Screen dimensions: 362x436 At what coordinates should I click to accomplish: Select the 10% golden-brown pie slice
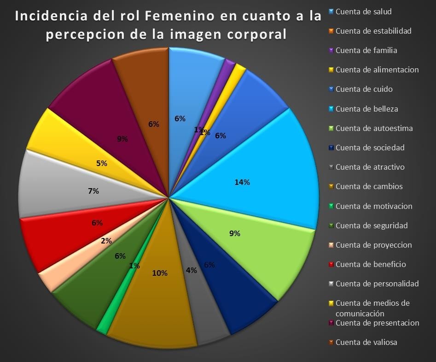157,295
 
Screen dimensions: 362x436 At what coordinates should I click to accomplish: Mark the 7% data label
93,191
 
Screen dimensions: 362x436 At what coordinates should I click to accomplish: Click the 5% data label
102,163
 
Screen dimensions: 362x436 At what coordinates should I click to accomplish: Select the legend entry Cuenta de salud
363,12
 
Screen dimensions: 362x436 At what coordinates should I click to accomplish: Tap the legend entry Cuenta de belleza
366,109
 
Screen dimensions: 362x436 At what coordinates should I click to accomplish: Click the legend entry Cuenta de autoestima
374,128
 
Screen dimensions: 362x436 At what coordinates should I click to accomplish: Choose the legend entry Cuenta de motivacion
374,206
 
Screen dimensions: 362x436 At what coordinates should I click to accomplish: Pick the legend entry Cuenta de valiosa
366,342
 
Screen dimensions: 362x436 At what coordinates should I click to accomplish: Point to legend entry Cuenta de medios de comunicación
372,308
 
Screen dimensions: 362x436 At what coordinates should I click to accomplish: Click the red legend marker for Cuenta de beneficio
331,264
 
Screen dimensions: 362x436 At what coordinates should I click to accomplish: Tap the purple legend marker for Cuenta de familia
331,50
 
